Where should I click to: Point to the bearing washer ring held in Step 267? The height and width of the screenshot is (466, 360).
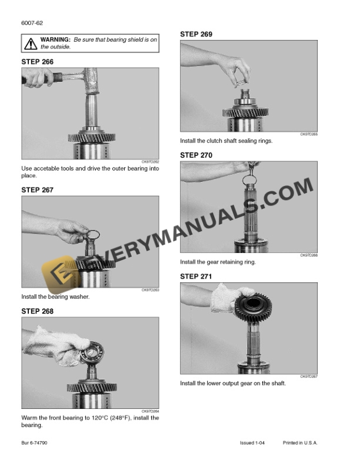(93, 237)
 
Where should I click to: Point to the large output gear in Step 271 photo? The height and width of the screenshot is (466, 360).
(247, 307)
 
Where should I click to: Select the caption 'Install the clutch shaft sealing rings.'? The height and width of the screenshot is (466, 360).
(226, 141)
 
